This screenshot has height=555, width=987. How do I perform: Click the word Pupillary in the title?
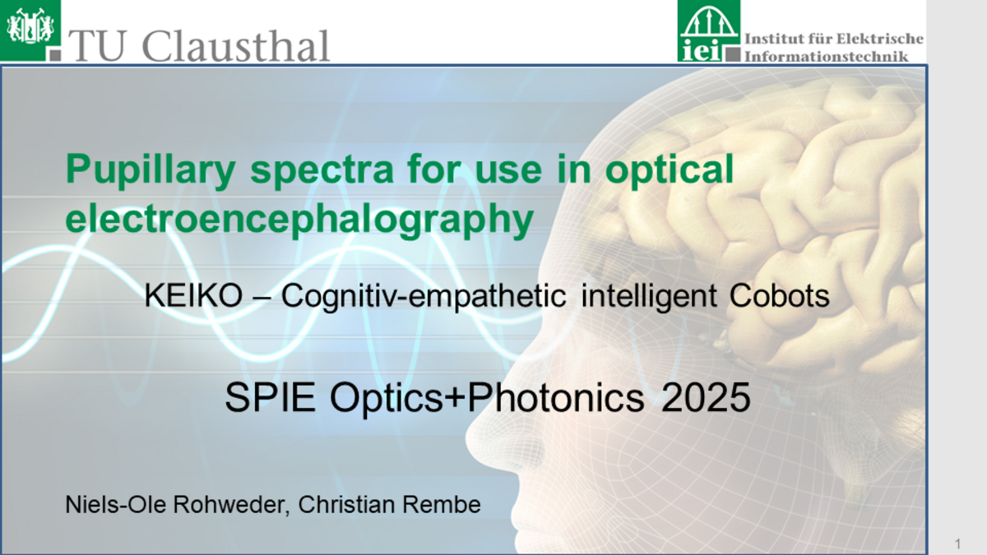pos(151,171)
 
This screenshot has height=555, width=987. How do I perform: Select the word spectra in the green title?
pos(322,170)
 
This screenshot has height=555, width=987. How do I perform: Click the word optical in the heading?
pos(670,171)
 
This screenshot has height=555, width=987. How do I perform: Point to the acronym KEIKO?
pos(193,295)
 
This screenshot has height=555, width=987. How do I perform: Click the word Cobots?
pos(780,295)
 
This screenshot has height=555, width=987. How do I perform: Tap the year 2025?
pos(706,397)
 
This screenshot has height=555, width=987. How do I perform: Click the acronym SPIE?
pos(270,397)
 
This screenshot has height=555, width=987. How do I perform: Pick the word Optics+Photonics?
pos(487,397)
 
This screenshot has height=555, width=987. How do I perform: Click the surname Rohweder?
pos(231,504)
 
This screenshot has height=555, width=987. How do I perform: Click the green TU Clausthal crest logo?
pos(30,30)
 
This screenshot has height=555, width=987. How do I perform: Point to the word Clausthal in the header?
pos(236,46)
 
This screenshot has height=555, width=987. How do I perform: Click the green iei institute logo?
pos(709,31)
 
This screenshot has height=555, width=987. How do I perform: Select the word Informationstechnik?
pos(826,57)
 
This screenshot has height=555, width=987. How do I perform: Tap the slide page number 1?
pos(957,543)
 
